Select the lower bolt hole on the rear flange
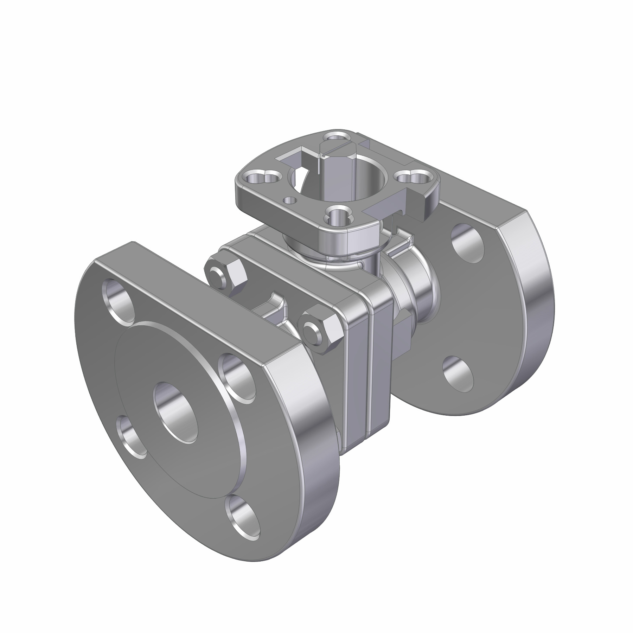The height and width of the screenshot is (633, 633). pyautogui.click(x=458, y=373)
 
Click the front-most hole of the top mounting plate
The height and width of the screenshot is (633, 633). pyautogui.click(x=337, y=215)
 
